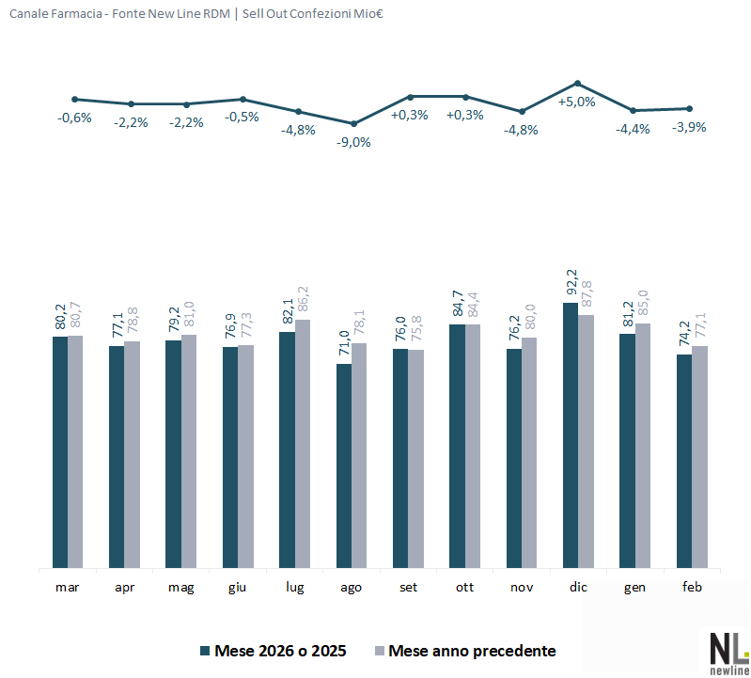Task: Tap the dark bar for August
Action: tap(344, 465)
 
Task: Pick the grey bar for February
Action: tap(699, 457)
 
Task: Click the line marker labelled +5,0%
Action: tap(578, 83)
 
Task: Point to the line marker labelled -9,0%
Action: tap(353, 123)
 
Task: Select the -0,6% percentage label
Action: tap(74, 118)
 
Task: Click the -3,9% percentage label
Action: tap(690, 127)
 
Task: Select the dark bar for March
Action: tap(60, 452)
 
